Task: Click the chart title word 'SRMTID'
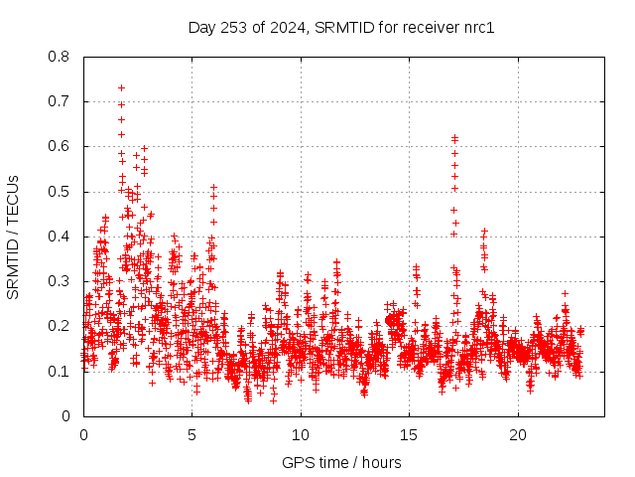[x=342, y=28]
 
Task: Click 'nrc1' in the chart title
[x=477, y=28]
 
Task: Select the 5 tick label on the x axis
[x=191, y=435]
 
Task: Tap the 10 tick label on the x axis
[x=301, y=435]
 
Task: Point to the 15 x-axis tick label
[x=409, y=435]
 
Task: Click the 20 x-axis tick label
[x=518, y=435]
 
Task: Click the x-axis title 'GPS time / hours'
[x=341, y=462]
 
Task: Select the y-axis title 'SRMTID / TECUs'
[x=14, y=237]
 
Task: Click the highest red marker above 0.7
[x=121, y=87]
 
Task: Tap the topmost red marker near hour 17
[x=454, y=138]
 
